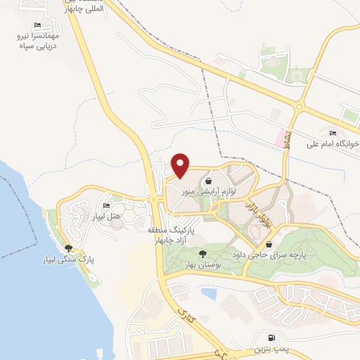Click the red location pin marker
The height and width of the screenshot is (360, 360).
click(x=181, y=165)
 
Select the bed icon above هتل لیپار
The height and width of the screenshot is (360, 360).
click(x=106, y=206)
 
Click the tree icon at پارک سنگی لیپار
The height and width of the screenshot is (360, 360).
click(x=68, y=248)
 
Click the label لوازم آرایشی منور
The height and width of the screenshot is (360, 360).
click(x=209, y=191)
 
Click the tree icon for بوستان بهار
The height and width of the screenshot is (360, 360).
click(x=203, y=254)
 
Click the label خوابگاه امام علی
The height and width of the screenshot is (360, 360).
click(x=332, y=145)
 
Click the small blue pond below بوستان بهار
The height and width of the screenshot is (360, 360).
click(x=209, y=292)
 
